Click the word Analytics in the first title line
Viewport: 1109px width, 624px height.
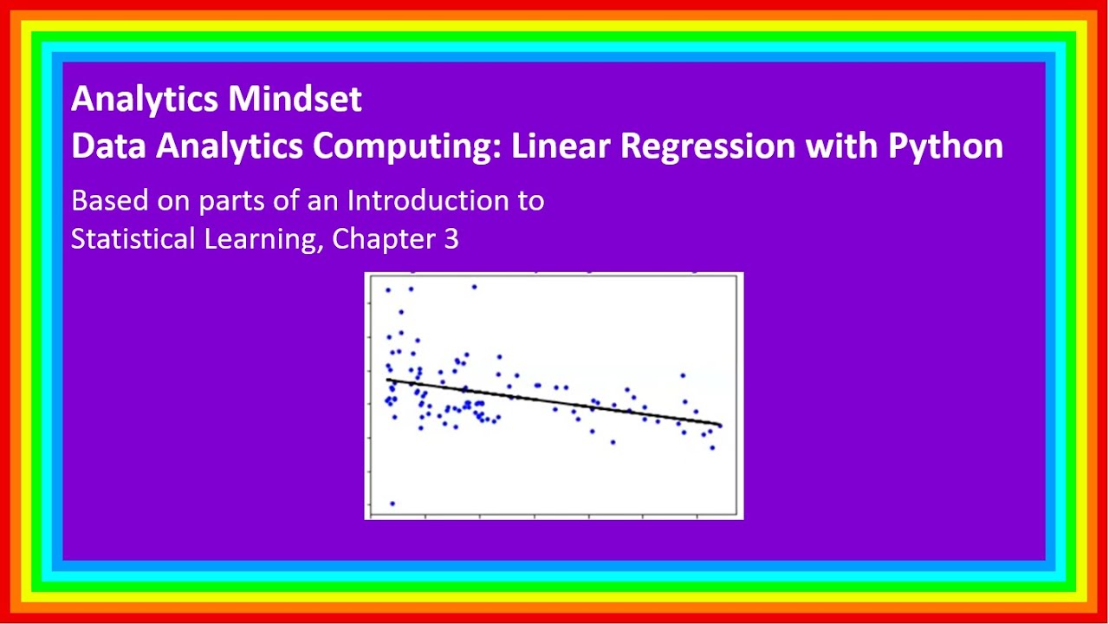(146, 100)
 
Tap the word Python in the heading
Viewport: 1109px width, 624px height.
(945, 146)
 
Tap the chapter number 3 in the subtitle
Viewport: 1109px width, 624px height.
(451, 239)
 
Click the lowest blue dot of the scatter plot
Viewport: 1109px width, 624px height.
(392, 503)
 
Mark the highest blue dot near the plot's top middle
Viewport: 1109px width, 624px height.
(474, 286)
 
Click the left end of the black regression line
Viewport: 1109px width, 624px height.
(388, 380)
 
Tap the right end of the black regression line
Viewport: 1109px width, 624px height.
(720, 425)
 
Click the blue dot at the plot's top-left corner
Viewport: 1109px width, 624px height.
(388, 289)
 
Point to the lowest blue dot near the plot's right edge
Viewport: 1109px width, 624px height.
(712, 447)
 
